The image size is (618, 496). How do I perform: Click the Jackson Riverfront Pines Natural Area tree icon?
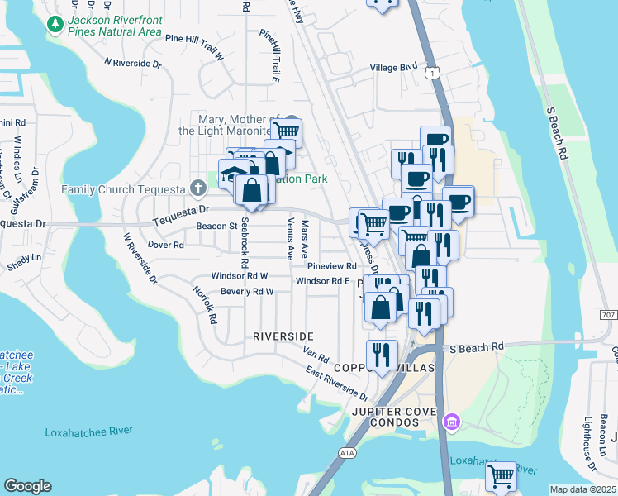click(x=55, y=25)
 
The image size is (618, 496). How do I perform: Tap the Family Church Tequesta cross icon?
click(x=197, y=189)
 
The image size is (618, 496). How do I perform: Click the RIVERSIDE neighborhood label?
click(x=283, y=336)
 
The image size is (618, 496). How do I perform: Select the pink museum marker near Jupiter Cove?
click(x=451, y=423)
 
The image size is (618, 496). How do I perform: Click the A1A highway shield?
click(x=346, y=453)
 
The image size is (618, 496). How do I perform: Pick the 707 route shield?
click(x=608, y=316)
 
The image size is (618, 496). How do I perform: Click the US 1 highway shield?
click(x=431, y=74)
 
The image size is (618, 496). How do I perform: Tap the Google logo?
click(x=27, y=486)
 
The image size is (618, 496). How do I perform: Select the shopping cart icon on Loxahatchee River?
click(x=501, y=477)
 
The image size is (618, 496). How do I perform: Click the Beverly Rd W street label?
click(x=246, y=292)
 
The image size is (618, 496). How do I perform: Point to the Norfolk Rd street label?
click(x=204, y=304)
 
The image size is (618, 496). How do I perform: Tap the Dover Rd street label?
click(x=165, y=245)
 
